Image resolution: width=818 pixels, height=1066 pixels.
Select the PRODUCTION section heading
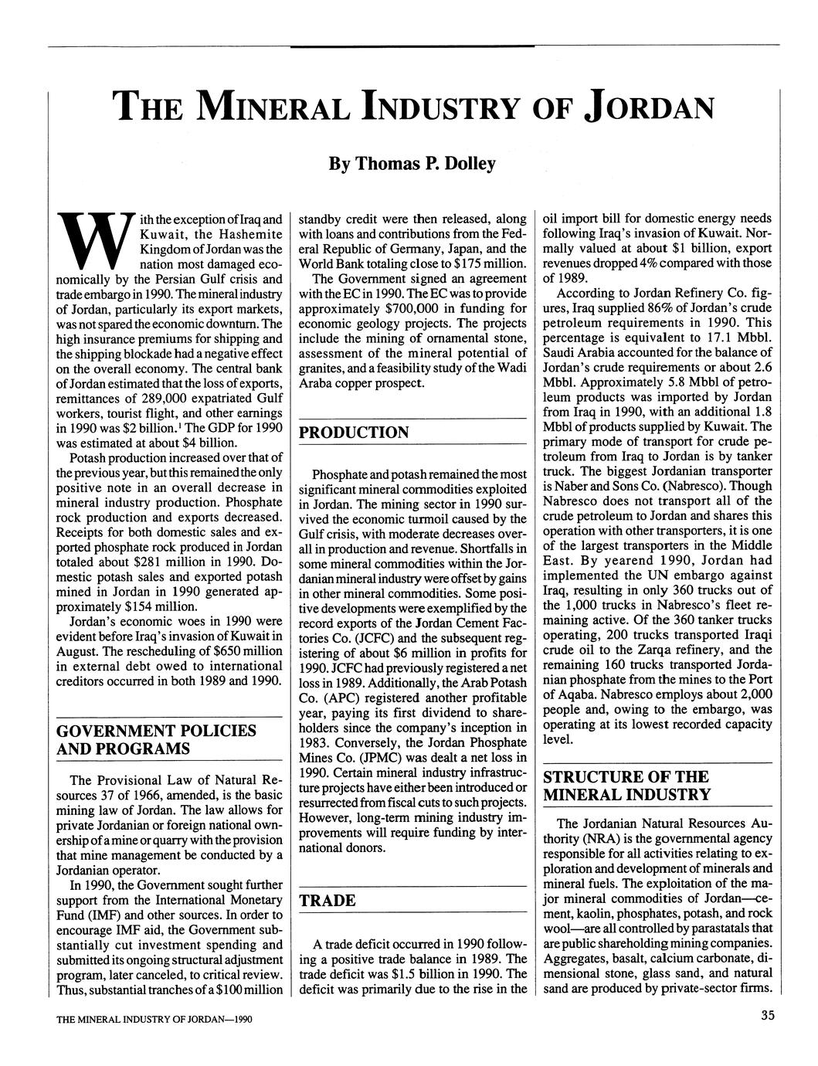pos(354,433)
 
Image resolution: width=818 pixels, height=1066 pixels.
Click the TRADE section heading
pos(328,901)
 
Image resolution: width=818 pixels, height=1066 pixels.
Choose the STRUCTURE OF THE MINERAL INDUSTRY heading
pos(626,786)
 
